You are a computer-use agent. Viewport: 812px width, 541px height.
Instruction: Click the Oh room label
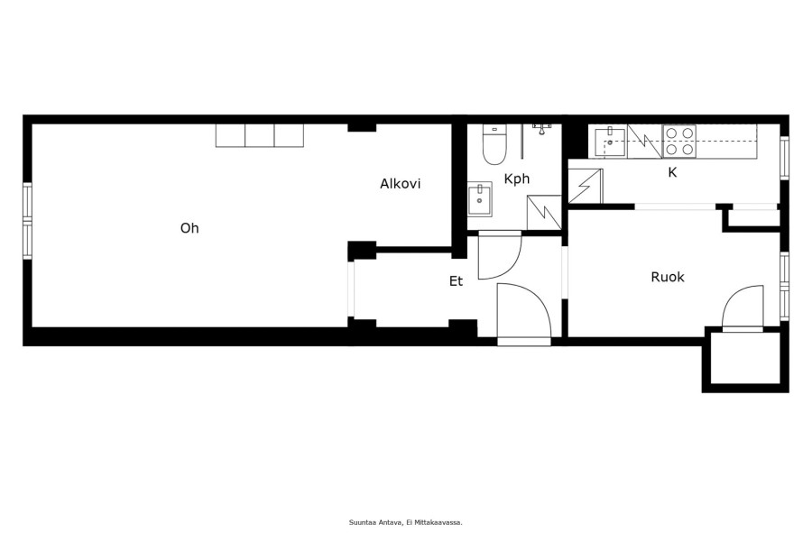(189, 228)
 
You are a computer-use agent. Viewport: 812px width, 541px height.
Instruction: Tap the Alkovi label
(401, 184)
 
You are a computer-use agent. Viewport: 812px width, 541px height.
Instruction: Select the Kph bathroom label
(517, 179)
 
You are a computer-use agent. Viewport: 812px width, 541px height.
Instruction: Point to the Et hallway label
(456, 281)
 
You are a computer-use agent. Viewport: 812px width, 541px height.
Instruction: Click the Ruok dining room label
(668, 277)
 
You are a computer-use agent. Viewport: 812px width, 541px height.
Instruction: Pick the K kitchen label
(672, 172)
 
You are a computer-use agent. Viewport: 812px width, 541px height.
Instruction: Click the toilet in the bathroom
(494, 144)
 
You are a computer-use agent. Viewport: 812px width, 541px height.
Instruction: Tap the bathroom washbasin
(480, 199)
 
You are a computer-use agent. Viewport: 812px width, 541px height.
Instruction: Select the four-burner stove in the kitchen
(679, 142)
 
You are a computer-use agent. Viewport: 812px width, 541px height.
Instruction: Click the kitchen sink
(610, 142)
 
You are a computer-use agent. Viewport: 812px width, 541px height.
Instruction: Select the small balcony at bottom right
(745, 358)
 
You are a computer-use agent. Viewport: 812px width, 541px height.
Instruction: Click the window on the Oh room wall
(27, 221)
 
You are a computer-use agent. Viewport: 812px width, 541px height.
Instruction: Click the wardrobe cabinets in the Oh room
(260, 135)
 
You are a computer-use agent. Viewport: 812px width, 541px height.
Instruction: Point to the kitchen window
(784, 158)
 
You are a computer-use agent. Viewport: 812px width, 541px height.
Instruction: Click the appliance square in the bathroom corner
(544, 212)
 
